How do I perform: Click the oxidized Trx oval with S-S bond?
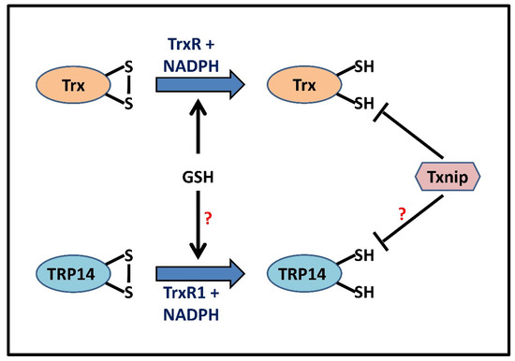point(75,83)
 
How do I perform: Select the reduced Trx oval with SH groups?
point(304,83)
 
